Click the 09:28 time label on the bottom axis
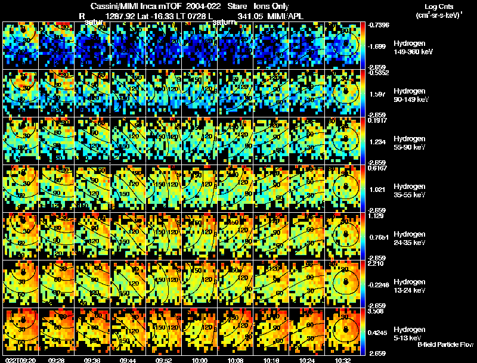pyautogui.click(x=57, y=360)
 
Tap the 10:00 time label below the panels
pyautogui.click(x=200, y=360)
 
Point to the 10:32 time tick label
pyautogui.click(x=343, y=360)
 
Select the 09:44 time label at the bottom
pyautogui.click(x=128, y=360)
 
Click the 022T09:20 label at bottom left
pyautogui.click(x=19, y=360)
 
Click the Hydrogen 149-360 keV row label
pyautogui.click(x=410, y=48)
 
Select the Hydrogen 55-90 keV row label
pyautogui.click(x=410, y=143)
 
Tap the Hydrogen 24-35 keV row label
pyautogui.click(x=410, y=238)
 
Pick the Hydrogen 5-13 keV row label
pyautogui.click(x=410, y=333)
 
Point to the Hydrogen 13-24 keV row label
pyautogui.click(x=410, y=286)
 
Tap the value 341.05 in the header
pyautogui.click(x=250, y=16)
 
